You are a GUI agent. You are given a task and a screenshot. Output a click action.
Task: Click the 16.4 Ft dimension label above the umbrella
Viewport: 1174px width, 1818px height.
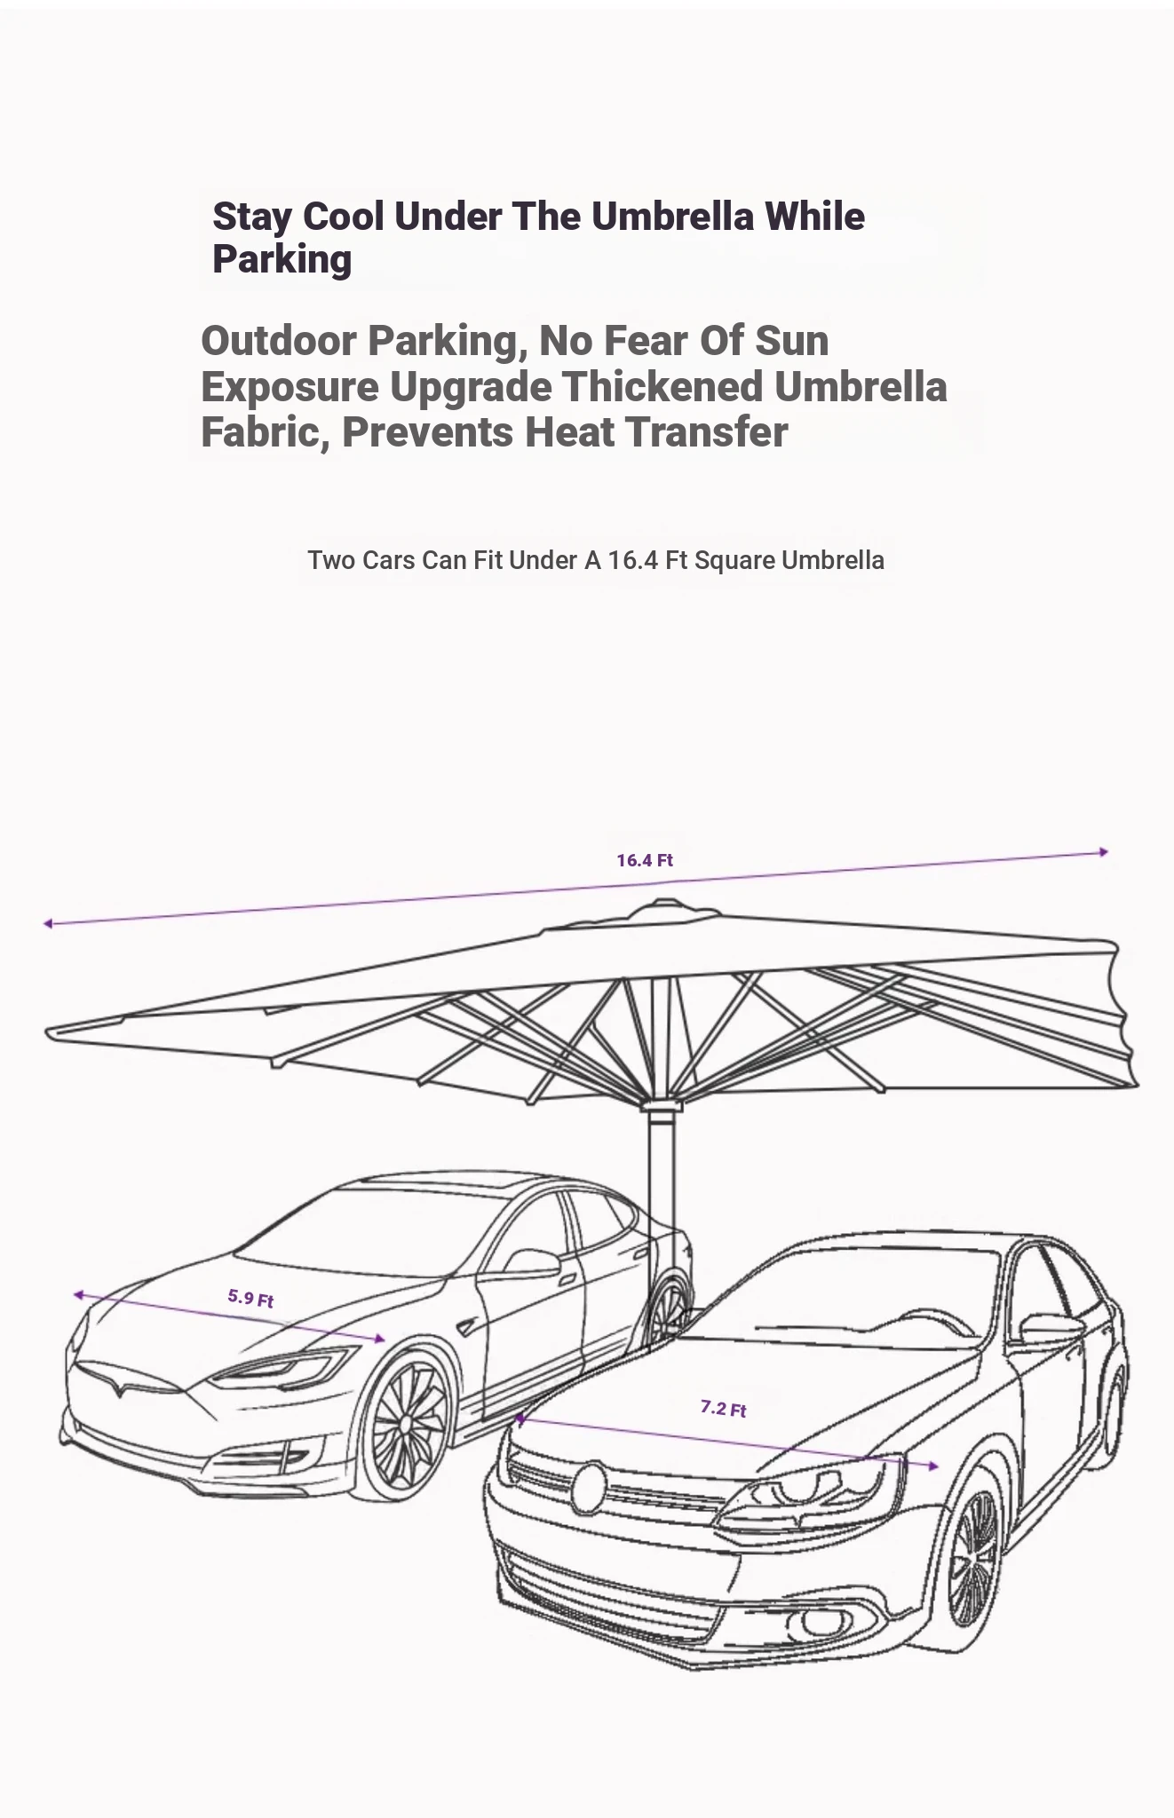tap(645, 860)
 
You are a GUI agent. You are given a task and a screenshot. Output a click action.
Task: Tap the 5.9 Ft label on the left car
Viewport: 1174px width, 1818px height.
tap(250, 1298)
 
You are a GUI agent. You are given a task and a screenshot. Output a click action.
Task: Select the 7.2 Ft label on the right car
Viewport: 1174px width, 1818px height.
tap(723, 1408)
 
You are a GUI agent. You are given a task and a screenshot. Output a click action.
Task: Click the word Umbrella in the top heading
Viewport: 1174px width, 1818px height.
tap(672, 217)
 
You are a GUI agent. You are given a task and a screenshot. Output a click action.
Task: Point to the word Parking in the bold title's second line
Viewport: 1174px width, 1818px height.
tap(282, 260)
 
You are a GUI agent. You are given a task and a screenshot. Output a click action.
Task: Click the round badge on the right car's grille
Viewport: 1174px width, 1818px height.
tap(588, 1488)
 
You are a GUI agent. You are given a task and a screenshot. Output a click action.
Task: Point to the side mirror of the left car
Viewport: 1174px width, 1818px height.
tap(531, 1262)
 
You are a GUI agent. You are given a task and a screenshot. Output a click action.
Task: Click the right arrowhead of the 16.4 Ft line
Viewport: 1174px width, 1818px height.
tap(1103, 852)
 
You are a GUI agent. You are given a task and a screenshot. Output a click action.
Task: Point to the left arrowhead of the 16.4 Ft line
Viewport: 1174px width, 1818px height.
tap(48, 924)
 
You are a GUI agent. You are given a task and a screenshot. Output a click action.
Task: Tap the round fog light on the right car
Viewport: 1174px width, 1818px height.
tap(817, 1622)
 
